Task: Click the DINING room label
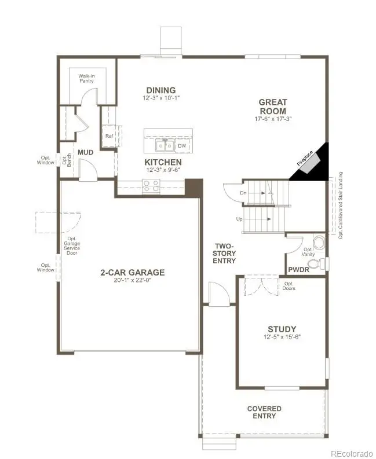(160, 90)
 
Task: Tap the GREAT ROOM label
(273, 107)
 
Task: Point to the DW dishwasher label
(181, 146)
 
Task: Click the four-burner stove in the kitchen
(151, 186)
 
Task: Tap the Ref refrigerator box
(109, 136)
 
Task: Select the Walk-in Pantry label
(87, 78)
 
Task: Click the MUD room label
(86, 152)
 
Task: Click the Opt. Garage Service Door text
(72, 246)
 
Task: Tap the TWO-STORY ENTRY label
(224, 254)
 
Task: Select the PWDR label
(299, 270)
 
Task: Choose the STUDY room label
(282, 329)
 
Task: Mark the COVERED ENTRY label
(264, 412)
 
